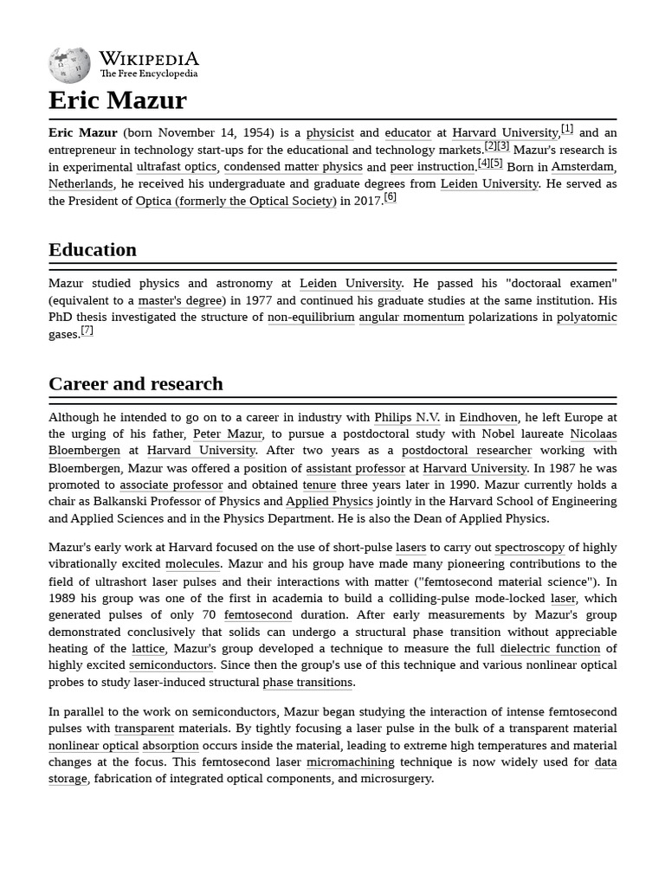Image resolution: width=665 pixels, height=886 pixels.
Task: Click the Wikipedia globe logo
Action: (69, 65)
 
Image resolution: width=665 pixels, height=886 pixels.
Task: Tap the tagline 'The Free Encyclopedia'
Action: (148, 74)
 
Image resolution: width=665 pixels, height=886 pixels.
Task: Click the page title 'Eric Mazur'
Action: (117, 100)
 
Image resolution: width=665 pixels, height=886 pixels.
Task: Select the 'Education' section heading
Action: (93, 250)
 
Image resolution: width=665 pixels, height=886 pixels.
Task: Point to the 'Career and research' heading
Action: (136, 383)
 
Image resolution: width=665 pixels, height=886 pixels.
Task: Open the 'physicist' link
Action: (330, 133)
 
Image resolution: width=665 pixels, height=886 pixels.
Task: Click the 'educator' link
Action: (408, 133)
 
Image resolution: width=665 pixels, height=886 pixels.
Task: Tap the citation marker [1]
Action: (567, 129)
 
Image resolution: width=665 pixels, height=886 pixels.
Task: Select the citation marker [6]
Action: (391, 196)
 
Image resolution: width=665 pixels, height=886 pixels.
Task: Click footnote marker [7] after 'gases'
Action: (87, 331)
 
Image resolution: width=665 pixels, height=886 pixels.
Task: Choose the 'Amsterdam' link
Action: (583, 167)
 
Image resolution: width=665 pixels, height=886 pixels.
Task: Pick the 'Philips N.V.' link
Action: (407, 417)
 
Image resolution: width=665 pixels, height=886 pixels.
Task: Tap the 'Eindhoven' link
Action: (488, 417)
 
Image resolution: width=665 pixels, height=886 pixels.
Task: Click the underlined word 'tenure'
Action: (320, 485)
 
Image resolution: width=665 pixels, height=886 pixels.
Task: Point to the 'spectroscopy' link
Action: (529, 547)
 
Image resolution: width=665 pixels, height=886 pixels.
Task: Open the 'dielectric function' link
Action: (550, 648)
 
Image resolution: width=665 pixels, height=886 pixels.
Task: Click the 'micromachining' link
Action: (351, 761)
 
